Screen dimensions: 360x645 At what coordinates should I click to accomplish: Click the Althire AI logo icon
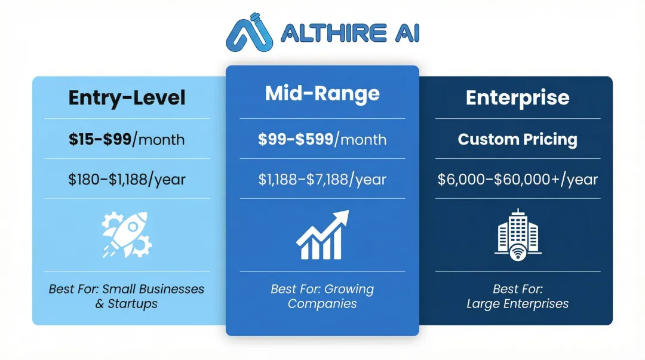(x=249, y=34)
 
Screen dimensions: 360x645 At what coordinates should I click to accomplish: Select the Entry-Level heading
(x=127, y=97)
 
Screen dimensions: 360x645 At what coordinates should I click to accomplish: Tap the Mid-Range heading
(x=322, y=93)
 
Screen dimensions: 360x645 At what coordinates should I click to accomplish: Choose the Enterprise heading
(x=517, y=97)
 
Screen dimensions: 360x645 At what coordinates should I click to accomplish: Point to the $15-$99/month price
(x=127, y=140)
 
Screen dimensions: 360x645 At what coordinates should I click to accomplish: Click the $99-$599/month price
(x=322, y=140)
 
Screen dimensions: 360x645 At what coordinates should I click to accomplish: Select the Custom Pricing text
(x=517, y=140)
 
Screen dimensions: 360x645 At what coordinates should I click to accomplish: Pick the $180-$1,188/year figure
(x=127, y=179)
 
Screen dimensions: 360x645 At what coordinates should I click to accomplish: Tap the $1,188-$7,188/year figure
(x=322, y=179)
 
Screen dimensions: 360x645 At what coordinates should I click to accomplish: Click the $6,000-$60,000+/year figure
(x=517, y=179)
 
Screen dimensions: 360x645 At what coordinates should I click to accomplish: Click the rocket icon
(x=127, y=235)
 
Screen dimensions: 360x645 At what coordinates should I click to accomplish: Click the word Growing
(x=349, y=290)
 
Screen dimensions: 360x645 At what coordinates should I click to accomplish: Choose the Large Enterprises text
(x=517, y=304)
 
